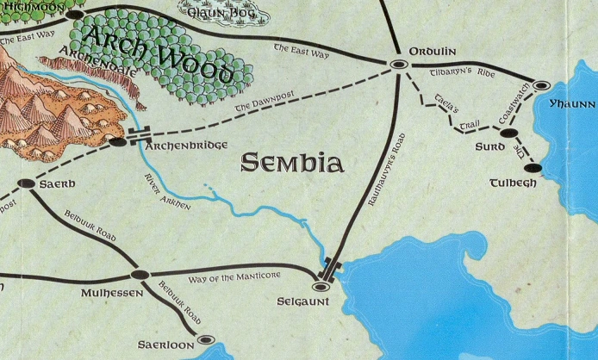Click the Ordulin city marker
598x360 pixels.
tap(399, 64)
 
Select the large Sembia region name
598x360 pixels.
tap(292, 163)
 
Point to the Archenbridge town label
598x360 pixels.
tap(182, 146)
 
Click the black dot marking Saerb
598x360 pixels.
tap(26, 184)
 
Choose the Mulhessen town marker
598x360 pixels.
tap(140, 275)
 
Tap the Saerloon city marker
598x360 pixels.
tap(206, 339)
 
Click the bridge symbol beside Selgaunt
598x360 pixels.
tap(331, 267)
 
